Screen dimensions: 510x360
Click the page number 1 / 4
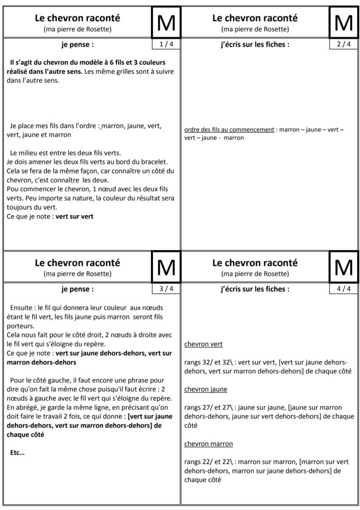point(165,44)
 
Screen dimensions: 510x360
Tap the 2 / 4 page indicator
point(343,44)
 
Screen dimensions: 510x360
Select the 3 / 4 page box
point(165,288)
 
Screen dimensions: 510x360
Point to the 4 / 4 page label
point(343,288)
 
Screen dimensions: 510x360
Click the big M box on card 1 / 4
point(166,23)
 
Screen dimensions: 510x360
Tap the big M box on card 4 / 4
point(344,267)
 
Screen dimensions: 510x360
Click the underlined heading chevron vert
point(203,344)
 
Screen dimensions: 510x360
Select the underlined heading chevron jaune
point(205,389)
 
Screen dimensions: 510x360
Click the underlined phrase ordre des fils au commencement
point(229,129)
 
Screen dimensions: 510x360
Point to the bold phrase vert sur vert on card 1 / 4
point(75,217)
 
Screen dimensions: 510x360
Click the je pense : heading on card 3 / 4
point(77,288)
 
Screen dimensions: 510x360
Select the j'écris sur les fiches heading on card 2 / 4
point(254,44)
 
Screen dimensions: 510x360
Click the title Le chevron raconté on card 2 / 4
point(254,18)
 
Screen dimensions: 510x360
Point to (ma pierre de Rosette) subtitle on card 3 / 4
point(77,273)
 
